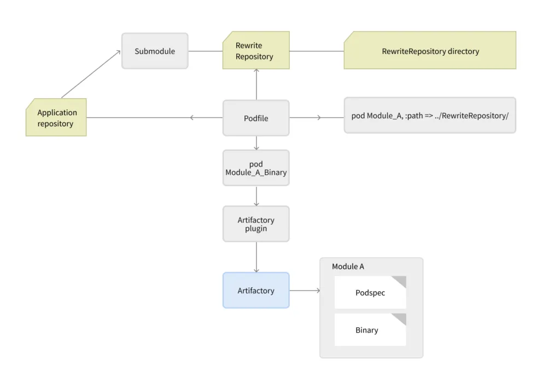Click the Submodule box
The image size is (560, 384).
155,51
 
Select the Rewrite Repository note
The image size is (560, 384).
256,50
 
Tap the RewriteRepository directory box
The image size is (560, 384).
430,51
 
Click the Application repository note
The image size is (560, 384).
56,117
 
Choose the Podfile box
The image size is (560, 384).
256,118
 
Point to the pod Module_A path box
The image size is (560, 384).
430,116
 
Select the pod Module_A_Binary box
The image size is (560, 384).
256,168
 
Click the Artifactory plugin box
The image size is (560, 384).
256,224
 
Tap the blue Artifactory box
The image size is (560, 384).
256,291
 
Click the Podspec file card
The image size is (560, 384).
370,293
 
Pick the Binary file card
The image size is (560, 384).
370,330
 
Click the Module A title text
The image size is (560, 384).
348,267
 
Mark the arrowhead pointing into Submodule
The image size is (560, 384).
118,53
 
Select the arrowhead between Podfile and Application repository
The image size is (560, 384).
192,117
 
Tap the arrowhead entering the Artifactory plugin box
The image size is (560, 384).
256,203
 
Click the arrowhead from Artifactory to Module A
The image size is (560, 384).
318,291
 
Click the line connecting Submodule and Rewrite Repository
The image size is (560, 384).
205,51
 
